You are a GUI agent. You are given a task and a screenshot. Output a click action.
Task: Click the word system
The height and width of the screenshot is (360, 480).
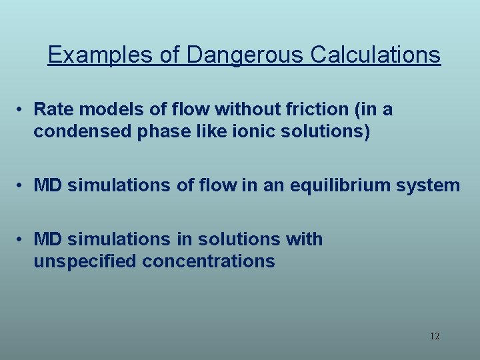pos(429,185)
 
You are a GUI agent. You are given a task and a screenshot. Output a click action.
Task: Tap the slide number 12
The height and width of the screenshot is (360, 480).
pos(434,336)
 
